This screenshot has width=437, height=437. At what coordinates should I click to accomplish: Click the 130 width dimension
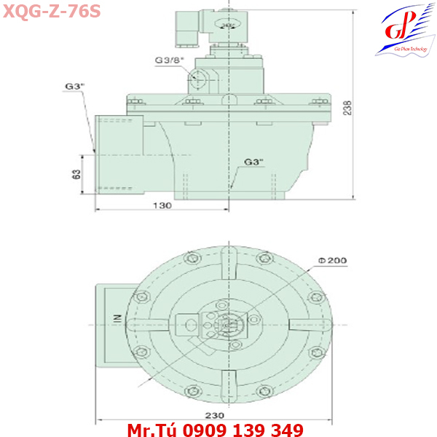[x=162, y=206]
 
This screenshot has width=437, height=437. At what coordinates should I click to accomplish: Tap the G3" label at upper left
[x=74, y=86]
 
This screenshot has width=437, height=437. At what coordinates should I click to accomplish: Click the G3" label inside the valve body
[x=253, y=161]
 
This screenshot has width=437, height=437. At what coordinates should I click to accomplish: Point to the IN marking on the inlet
[x=116, y=318]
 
